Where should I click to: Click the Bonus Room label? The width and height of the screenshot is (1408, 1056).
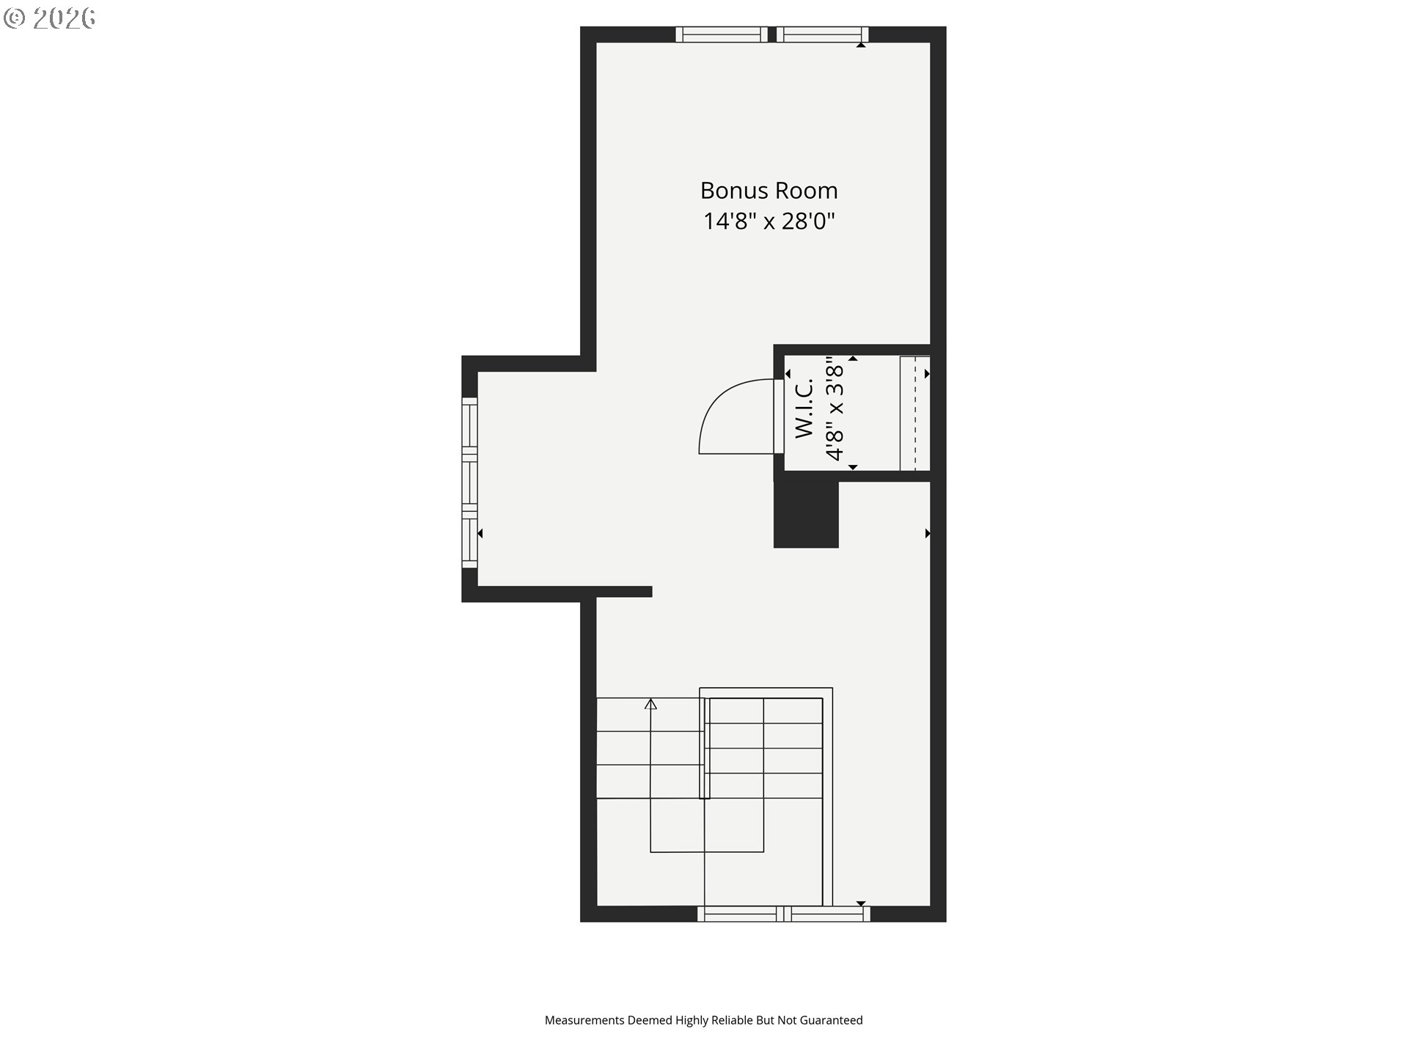click(x=769, y=191)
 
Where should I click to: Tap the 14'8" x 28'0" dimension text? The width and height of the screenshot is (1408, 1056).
click(x=769, y=221)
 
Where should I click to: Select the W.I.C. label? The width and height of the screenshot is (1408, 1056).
click(x=804, y=408)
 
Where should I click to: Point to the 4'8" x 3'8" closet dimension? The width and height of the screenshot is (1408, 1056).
click(x=835, y=408)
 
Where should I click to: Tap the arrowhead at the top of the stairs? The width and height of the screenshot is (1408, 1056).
click(x=650, y=704)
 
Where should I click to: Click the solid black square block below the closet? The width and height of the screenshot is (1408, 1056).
click(x=806, y=515)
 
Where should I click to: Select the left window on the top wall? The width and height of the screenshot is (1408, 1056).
click(x=722, y=34)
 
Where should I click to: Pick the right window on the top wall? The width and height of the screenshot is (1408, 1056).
click(x=823, y=34)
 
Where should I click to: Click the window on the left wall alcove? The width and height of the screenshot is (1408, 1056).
click(x=469, y=483)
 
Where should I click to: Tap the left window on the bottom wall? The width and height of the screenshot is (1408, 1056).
click(x=740, y=914)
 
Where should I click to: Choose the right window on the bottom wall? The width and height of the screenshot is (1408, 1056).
click(x=827, y=914)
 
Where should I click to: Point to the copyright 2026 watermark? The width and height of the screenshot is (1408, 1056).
click(x=49, y=18)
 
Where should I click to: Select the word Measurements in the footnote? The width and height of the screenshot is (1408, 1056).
click(x=584, y=1020)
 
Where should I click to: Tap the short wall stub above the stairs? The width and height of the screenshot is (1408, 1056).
click(x=624, y=592)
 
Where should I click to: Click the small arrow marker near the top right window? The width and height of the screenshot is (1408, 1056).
click(x=862, y=45)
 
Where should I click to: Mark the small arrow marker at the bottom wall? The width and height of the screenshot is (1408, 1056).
click(x=862, y=903)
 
